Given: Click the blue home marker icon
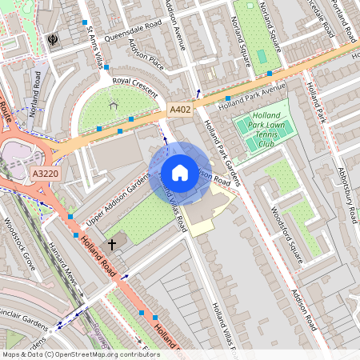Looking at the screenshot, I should coord(180,171).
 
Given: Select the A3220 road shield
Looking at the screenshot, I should coord(46,173).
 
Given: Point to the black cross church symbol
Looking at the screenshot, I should coord(112,242).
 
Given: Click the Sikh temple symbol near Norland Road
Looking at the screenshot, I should coord(54,38).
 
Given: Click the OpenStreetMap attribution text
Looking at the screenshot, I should coord(81,354).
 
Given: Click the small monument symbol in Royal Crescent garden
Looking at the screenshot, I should coord(113,103).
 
